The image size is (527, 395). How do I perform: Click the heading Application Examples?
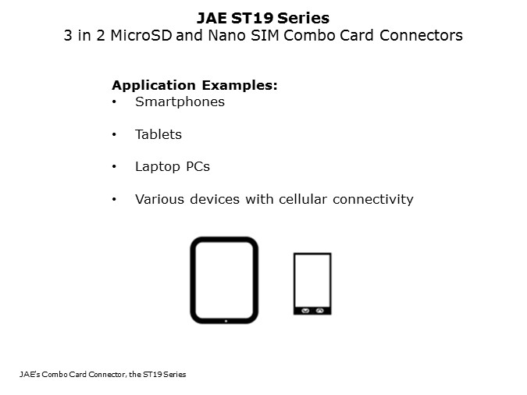194,85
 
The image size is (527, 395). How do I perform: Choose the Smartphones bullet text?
180,101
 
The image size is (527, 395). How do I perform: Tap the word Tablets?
158,134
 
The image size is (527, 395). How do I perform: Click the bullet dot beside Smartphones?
115,102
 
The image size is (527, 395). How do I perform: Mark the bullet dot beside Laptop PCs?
115,167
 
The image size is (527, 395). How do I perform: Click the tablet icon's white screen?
224,279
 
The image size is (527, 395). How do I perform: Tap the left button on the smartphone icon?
305,310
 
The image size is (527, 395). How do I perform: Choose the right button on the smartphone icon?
320,310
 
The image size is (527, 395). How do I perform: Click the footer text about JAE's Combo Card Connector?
103,375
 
